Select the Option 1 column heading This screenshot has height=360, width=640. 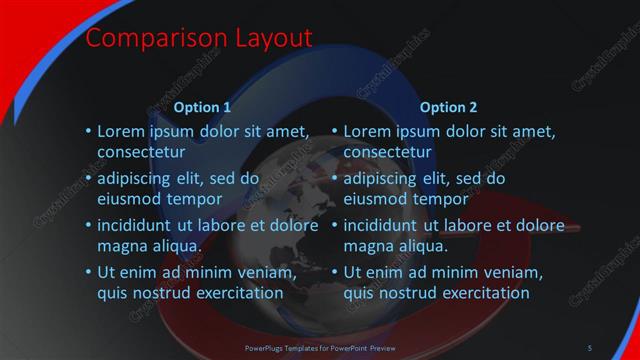click(x=203, y=107)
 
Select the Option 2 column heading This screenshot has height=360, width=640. click(x=449, y=107)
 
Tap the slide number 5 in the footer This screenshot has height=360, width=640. click(x=590, y=347)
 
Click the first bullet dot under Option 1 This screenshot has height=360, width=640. click(x=88, y=131)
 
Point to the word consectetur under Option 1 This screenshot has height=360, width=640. click(x=141, y=152)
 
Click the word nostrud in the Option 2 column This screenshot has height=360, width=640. click(x=409, y=293)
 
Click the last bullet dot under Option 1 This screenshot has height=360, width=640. click(x=88, y=273)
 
